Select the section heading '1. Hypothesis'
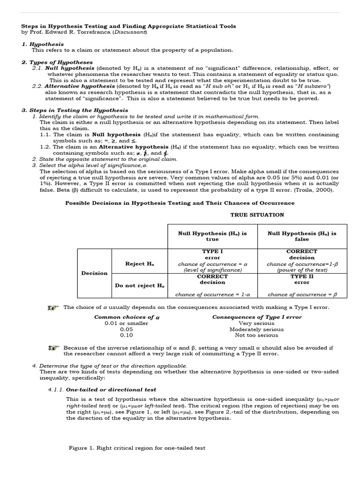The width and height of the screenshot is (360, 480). coord(42,44)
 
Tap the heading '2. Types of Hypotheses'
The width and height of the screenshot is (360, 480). coord(57,62)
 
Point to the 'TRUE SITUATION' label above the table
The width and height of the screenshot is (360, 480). coord(257,215)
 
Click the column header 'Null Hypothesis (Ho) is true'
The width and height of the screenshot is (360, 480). coord(212,236)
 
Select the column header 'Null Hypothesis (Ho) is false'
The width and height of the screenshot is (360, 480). coord(302,236)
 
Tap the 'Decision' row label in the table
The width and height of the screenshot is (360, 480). coord(94,273)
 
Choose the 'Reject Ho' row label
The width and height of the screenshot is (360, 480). coord(139,264)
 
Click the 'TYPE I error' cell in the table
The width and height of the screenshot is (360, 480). coord(212,255)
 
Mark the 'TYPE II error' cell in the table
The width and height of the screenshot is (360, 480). coord(302,279)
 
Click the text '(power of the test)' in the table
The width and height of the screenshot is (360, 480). coord(302,270)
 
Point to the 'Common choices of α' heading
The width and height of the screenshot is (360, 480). coord(127,317)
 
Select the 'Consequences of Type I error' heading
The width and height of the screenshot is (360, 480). coord(257,317)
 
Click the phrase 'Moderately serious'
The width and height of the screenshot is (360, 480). coord(257,329)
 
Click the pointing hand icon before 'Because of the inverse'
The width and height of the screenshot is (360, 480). coord(54,348)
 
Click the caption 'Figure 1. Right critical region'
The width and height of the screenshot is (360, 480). coord(137,448)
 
